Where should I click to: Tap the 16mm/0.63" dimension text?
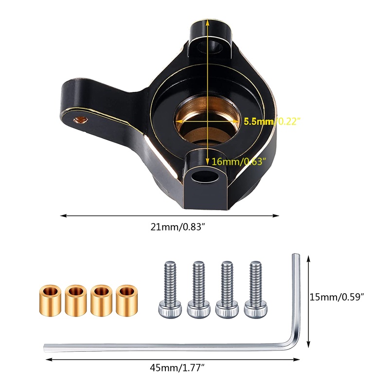coord(239,162)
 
